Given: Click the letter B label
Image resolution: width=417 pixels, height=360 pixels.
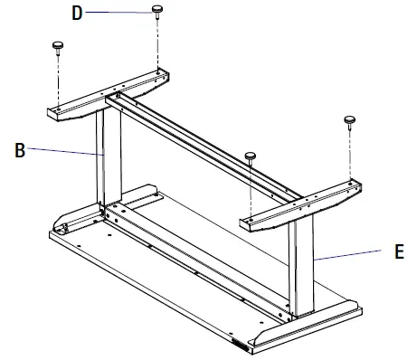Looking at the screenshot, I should coord(20,151).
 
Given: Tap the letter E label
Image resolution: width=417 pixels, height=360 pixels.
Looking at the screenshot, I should coord(399,254).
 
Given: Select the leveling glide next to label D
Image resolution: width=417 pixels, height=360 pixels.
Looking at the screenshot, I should coord(158,10).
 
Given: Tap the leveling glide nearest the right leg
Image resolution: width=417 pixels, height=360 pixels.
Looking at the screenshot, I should coord(249,156).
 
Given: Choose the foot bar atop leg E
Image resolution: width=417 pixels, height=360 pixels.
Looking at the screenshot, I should coord(303,205).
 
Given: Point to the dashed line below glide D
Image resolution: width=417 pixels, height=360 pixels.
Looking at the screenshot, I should coord(159,41).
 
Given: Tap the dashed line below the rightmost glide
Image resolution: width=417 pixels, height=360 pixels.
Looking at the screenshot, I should coord(348,154).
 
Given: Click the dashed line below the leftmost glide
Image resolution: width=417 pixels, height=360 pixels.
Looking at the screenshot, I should coord(59,77).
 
